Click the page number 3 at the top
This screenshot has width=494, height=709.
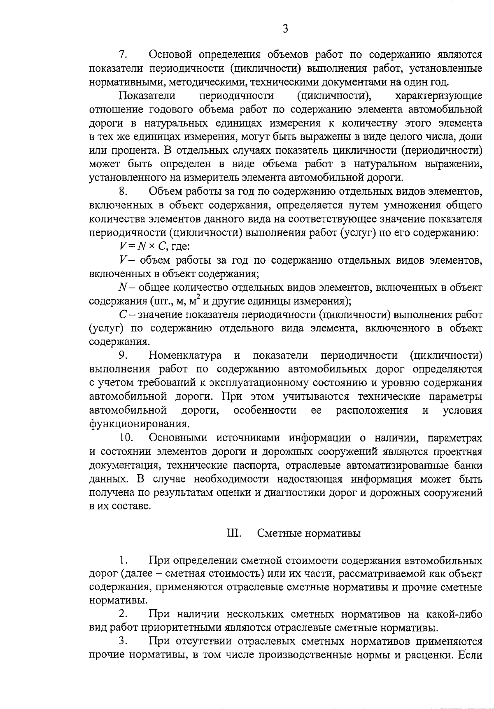[285, 29]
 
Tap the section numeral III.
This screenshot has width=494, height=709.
[234, 533]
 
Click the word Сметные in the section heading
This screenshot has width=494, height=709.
[281, 533]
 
